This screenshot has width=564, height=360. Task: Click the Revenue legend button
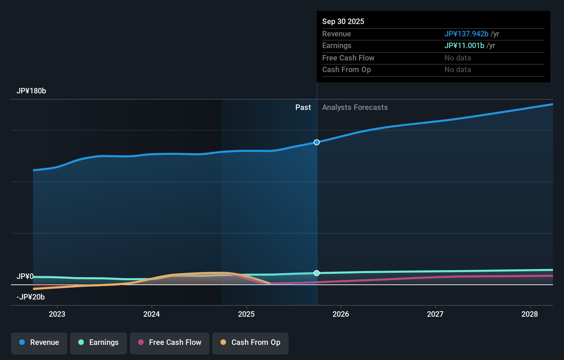coord(39,342)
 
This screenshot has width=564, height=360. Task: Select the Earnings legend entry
coord(99,342)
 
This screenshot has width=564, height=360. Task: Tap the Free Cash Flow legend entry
coord(170,342)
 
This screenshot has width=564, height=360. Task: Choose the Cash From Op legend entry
coord(250,342)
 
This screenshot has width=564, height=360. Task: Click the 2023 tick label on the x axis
coord(57,314)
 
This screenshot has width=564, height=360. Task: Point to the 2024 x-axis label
coord(151,314)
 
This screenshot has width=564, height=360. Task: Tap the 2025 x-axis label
coord(246,314)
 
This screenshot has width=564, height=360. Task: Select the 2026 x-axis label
coord(341,314)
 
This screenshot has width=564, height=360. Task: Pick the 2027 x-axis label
coord(435,314)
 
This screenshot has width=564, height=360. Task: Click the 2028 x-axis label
coord(530,314)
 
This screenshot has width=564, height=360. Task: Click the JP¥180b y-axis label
coord(31,91)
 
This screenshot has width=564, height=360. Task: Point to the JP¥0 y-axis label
coord(25,277)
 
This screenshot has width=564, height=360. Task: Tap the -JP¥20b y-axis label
coord(31,297)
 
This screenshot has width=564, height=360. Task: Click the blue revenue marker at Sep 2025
coord(317,142)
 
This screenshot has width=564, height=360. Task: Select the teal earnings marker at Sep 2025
coord(317,273)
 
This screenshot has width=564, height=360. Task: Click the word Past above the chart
coord(303,108)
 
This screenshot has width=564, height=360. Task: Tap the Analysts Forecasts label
coord(355,108)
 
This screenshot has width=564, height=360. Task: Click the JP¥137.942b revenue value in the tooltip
coord(466,34)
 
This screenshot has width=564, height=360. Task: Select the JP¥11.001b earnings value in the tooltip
coord(464,46)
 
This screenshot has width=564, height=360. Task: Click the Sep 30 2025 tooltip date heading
coord(343,22)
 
